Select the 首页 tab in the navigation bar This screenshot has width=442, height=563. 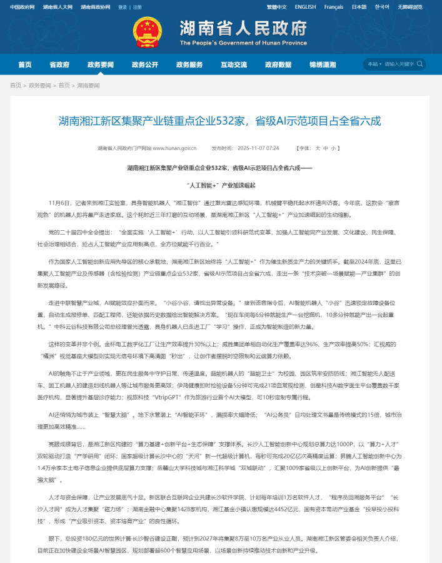tap(24, 64)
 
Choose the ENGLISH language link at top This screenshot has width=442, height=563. tap(305, 7)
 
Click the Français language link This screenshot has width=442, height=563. tap(333, 7)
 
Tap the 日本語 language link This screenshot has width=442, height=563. tap(359, 7)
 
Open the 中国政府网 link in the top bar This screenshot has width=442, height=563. tap(22, 7)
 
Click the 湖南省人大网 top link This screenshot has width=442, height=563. tap(57, 7)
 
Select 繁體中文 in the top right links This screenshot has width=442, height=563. tap(276, 7)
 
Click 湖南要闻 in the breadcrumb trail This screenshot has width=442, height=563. tap(88, 85)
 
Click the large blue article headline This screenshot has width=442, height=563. tap(220, 121)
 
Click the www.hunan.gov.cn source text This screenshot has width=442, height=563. tap(174, 149)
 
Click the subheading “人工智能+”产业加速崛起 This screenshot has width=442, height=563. tap(220, 186)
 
